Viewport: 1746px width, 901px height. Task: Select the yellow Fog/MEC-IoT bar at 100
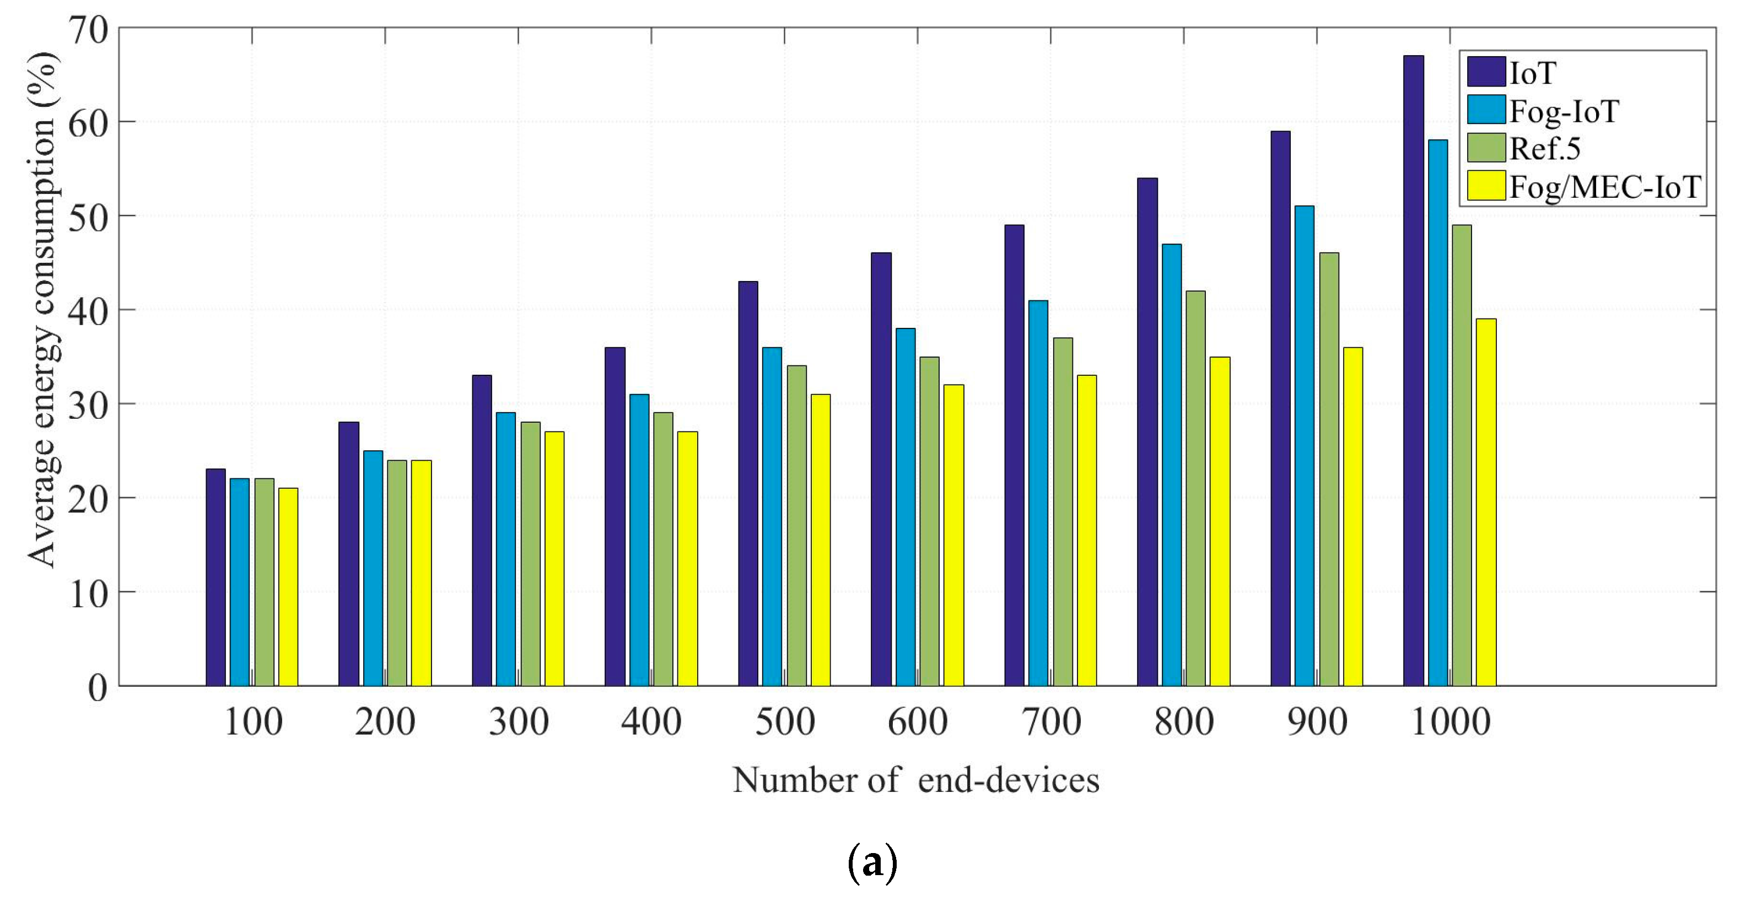click(x=288, y=586)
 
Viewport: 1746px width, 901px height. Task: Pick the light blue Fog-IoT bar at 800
click(x=1171, y=465)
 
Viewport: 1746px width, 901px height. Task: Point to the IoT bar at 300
click(x=482, y=530)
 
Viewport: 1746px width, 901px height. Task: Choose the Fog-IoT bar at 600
click(x=906, y=507)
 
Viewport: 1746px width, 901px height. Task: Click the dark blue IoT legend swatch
click(x=1486, y=72)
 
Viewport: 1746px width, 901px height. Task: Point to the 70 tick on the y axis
click(x=89, y=30)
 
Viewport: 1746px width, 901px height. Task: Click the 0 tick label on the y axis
click(x=98, y=687)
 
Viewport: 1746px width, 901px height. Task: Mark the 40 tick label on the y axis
click(x=89, y=311)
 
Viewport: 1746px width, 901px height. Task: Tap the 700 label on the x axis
click(x=1051, y=722)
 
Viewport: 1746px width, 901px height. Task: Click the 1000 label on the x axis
click(x=1451, y=722)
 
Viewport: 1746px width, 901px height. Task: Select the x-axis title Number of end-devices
click(x=915, y=780)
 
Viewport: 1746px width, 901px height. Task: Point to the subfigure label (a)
click(x=872, y=862)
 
